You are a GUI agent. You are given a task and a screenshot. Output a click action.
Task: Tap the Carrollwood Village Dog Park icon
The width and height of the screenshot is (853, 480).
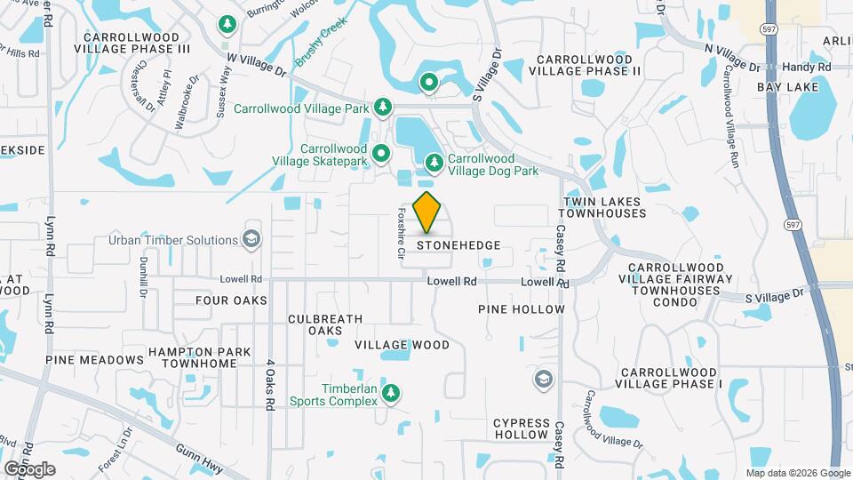pyautogui.click(x=434, y=163)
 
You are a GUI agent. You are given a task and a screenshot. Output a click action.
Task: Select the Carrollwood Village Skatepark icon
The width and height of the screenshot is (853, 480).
pyautogui.click(x=382, y=155)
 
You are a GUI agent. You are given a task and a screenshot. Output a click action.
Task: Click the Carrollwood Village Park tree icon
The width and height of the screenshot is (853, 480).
pyautogui.click(x=383, y=108)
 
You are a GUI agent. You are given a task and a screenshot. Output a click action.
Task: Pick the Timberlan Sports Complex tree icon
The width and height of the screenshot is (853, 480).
pyautogui.click(x=389, y=392)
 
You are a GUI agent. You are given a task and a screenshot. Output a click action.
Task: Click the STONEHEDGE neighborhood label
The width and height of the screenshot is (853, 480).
pyautogui.click(x=458, y=244)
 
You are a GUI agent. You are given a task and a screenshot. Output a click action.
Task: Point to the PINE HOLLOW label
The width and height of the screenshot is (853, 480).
pyautogui.click(x=521, y=309)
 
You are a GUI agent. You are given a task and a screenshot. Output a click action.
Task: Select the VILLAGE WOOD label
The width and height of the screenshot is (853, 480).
pyautogui.click(x=402, y=344)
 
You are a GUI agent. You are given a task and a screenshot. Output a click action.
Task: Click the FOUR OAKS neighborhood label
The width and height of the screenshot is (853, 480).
pyautogui.click(x=231, y=300)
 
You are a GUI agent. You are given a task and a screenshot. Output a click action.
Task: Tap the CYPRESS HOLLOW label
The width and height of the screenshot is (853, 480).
pyautogui.click(x=521, y=428)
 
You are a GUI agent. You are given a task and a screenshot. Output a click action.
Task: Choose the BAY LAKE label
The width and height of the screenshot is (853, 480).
pyautogui.click(x=786, y=87)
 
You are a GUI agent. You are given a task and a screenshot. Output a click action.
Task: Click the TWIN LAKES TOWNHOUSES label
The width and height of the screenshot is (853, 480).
pyautogui.click(x=602, y=208)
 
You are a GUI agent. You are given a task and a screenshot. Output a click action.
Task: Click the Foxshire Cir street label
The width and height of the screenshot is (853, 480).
pyautogui.click(x=401, y=233)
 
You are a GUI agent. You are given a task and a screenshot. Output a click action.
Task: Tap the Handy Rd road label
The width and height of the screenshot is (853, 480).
pyautogui.click(x=812, y=67)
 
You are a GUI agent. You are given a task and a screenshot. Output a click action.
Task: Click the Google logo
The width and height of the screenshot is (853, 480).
pyautogui.click(x=29, y=468)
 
